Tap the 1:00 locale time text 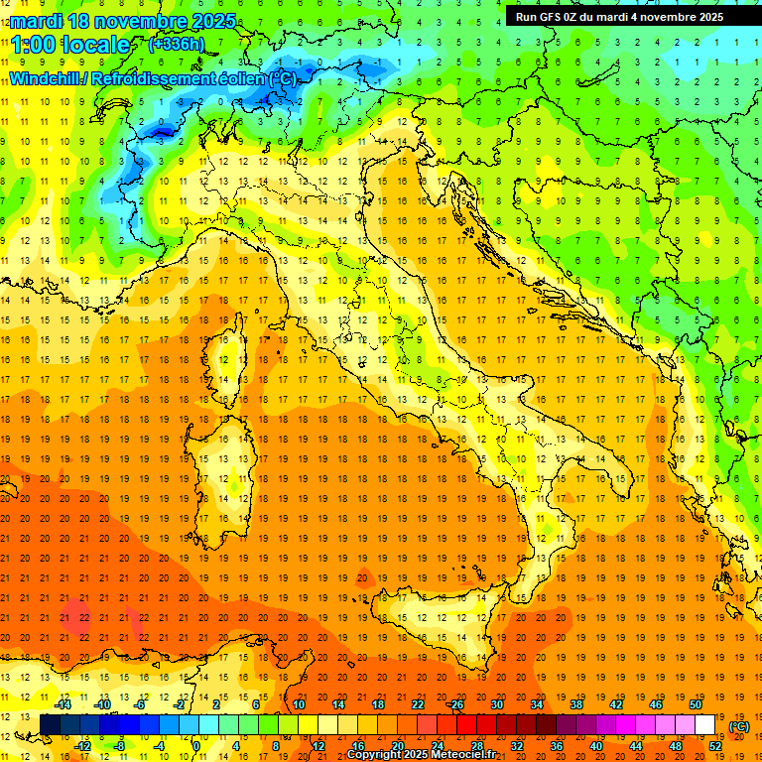pos(70,45)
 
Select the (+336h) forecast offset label pos(176,45)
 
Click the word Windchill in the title pos(47,78)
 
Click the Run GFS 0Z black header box pos(619,16)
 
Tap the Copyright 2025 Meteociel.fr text pos(421,755)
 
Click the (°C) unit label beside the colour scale pos(739,726)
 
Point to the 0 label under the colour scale pos(196,746)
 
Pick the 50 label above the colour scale pos(695,704)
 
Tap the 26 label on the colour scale pos(456,704)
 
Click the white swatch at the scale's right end pos(705,725)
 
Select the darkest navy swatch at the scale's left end pos(51,725)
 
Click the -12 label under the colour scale pos(83,746)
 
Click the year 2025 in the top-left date pos(212,21)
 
